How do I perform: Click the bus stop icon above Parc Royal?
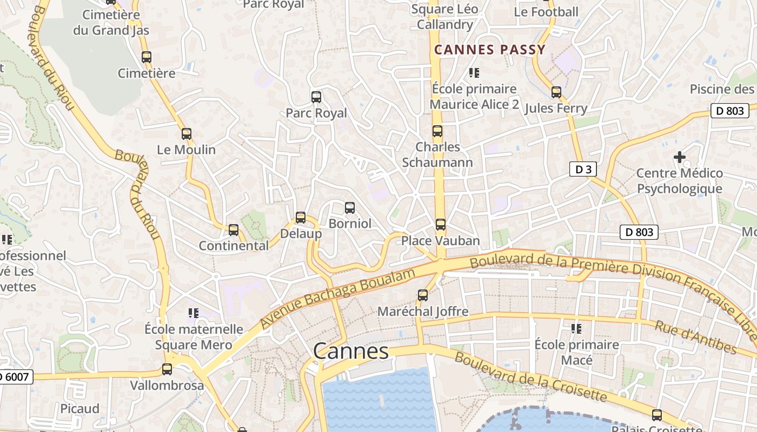(x=316, y=97)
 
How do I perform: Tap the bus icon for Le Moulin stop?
(x=187, y=133)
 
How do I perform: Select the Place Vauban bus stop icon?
(x=441, y=225)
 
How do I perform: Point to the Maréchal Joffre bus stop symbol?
(x=423, y=295)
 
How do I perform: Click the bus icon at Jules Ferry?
(x=556, y=92)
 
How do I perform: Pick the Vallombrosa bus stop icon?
(x=167, y=369)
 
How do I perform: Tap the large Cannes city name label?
(x=351, y=352)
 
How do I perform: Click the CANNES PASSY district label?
(x=490, y=50)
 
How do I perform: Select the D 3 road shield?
(x=583, y=170)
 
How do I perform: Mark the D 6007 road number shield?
(x=15, y=377)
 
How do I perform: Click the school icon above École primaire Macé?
(x=576, y=328)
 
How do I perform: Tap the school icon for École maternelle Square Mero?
(x=194, y=313)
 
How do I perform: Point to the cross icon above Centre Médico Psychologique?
(x=680, y=157)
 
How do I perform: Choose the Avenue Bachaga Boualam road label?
(x=337, y=298)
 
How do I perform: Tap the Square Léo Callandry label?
(x=444, y=17)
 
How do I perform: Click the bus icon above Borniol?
(x=350, y=208)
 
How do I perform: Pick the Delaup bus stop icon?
(x=301, y=218)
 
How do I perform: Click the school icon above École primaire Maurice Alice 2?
(x=474, y=72)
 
